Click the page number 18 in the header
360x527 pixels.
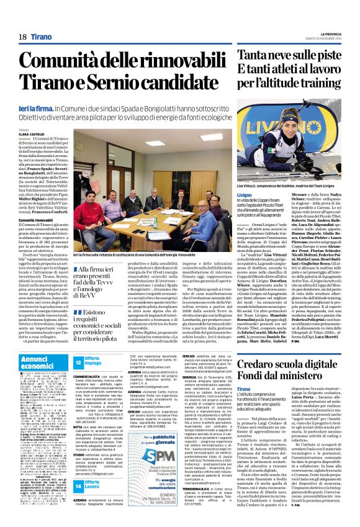pyautogui.click(x=22, y=37)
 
